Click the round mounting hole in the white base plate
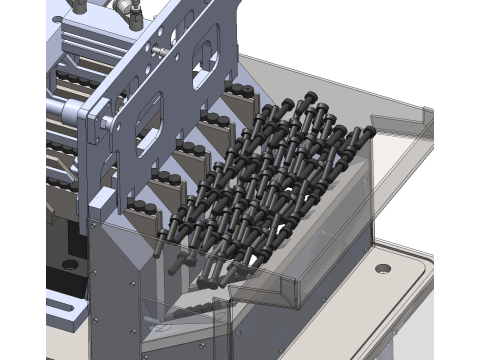[x=382, y=268]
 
